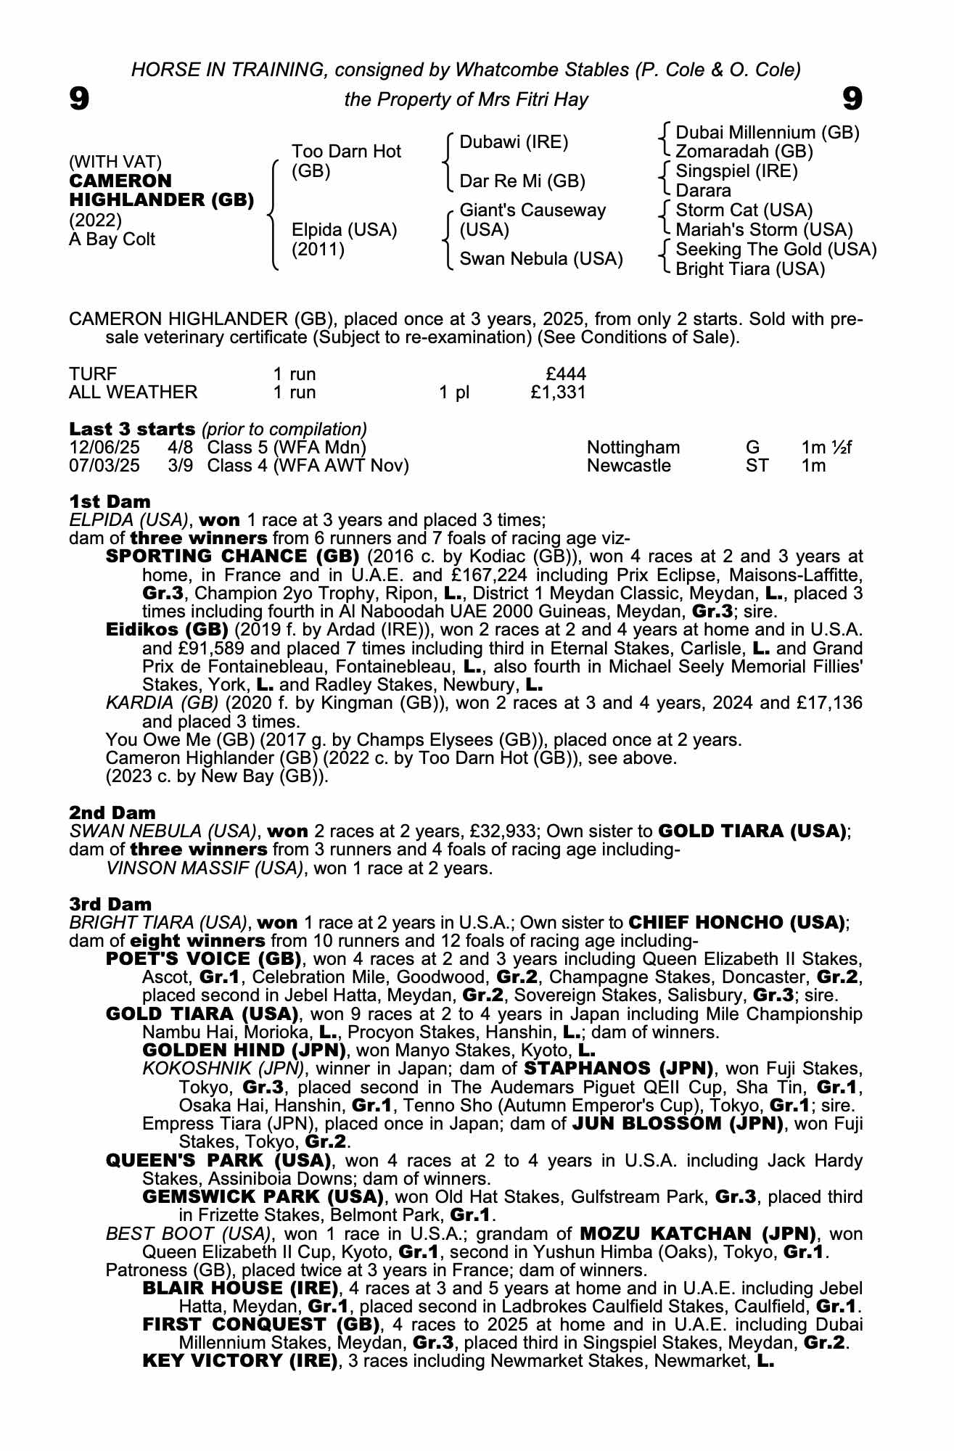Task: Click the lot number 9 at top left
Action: [x=79, y=98]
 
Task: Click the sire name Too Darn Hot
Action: [x=346, y=152]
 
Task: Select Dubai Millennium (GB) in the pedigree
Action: [x=767, y=133]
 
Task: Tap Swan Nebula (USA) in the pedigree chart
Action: [x=541, y=259]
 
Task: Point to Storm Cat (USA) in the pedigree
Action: [x=744, y=210]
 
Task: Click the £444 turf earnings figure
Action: [x=566, y=374]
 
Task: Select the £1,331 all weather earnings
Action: [x=558, y=392]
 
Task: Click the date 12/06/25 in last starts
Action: [x=104, y=447]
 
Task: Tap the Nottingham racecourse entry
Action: [x=633, y=447]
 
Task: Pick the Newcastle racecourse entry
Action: [x=629, y=465]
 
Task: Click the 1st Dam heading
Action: [x=110, y=501]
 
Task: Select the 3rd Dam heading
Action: [x=110, y=904]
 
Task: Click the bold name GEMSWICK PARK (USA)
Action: [x=263, y=1196]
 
